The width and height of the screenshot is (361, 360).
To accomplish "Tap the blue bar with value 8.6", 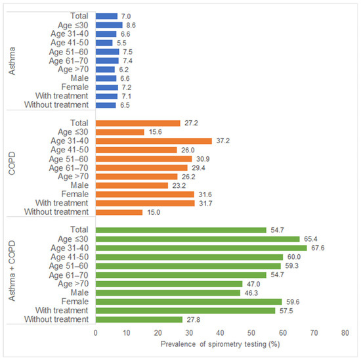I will coord(109,24).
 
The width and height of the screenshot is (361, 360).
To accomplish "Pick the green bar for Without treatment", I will coord(139,319).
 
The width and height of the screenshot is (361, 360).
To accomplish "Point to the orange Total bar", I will coord(138,123).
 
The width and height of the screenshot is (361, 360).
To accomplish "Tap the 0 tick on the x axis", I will coord(96,334).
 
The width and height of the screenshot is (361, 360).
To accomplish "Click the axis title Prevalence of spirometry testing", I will coord(219,344).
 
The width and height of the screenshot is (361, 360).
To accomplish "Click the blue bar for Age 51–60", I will coord(107,51).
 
